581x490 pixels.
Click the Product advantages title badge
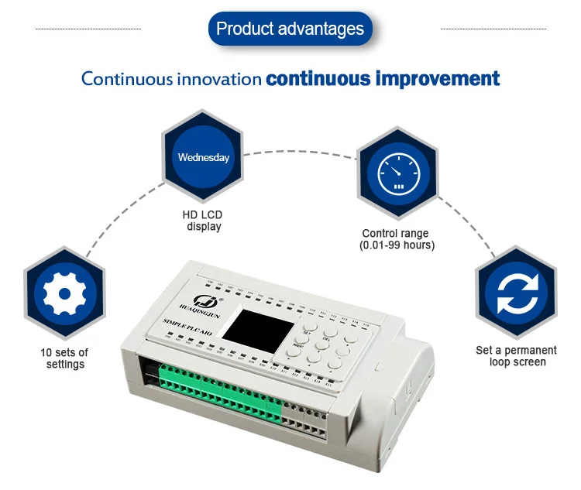290,29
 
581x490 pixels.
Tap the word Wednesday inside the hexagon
204,158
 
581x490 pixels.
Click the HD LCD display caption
204,221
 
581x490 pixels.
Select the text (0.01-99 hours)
397,245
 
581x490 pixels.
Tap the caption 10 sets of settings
64,358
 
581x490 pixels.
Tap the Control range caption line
395,233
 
